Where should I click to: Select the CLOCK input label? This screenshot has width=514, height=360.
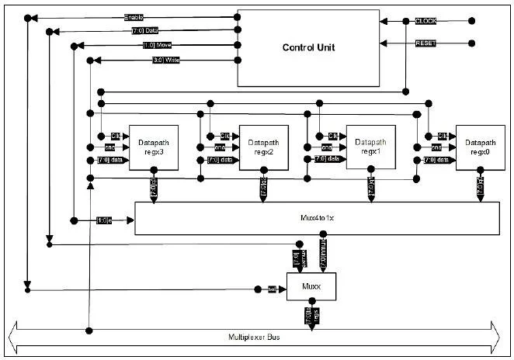tap(426, 20)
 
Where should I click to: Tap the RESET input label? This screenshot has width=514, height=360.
tap(426, 43)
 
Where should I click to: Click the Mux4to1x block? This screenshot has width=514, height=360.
tap(317, 219)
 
